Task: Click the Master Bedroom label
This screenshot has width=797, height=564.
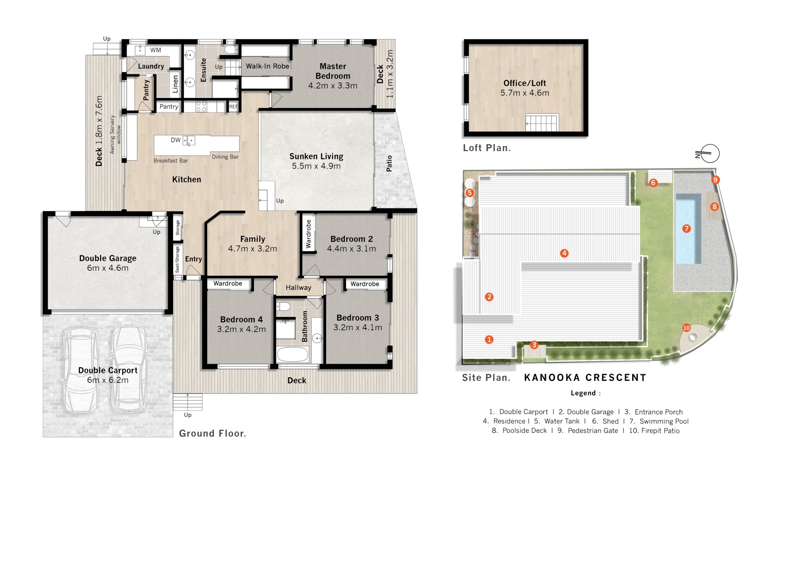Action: (x=333, y=71)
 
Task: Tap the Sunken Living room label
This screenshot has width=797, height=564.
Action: (x=316, y=156)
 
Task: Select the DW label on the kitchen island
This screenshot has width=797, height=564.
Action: (x=176, y=140)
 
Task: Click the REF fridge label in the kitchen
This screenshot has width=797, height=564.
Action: (x=234, y=107)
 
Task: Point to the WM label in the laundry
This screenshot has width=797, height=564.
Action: (x=156, y=50)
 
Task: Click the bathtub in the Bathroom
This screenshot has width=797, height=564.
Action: (x=293, y=355)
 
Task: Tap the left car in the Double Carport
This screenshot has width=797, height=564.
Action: (x=81, y=369)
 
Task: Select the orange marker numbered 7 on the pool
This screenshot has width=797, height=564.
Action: (x=687, y=228)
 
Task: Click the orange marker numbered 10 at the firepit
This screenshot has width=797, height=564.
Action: (x=687, y=328)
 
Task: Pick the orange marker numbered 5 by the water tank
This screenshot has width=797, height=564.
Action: (x=469, y=193)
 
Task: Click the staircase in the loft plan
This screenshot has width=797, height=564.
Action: (x=542, y=123)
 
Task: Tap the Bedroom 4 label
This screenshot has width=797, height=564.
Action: (x=242, y=319)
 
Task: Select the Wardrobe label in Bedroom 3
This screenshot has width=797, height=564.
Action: (x=365, y=284)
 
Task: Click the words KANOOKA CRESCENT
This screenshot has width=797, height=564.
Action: (x=585, y=378)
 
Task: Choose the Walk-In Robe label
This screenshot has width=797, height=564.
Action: (x=267, y=66)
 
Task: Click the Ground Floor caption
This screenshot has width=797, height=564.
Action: (x=213, y=434)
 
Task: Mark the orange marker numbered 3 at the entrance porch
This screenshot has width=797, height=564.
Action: (x=534, y=345)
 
